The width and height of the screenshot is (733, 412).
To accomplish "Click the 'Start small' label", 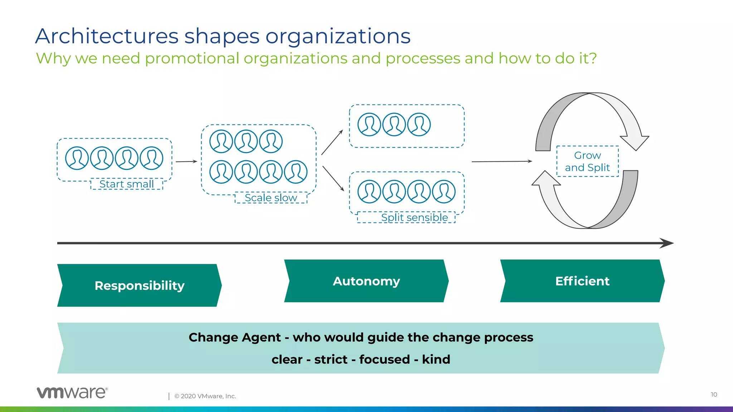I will click(127, 184).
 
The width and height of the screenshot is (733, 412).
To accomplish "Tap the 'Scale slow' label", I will click(271, 198).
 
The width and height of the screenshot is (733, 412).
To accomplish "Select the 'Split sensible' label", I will click(414, 217).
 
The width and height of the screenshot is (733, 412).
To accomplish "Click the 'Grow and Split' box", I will click(587, 161).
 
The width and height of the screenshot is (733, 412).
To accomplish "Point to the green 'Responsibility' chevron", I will click(139, 285).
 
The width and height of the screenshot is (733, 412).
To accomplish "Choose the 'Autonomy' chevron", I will click(366, 281).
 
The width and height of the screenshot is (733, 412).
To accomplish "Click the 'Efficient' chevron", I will click(582, 281).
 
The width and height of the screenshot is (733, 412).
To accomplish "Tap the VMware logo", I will click(72, 392).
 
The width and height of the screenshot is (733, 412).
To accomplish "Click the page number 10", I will click(714, 394).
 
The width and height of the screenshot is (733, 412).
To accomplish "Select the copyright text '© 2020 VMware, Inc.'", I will click(205, 396).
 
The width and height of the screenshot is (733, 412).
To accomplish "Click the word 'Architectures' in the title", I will click(107, 36).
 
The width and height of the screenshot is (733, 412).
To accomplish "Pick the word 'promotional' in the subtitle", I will click(192, 58).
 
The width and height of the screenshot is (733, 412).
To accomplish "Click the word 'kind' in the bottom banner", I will click(436, 359).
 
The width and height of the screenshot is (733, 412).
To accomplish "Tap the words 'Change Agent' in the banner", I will click(234, 337).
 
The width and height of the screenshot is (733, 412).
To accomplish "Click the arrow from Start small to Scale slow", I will click(186, 162).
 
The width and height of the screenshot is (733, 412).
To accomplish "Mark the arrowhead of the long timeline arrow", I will click(666, 243).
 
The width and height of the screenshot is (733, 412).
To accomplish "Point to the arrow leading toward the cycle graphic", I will click(502, 162).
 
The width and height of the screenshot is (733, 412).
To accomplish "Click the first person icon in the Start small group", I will click(77, 158).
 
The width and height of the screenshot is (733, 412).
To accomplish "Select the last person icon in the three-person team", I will click(419, 124).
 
